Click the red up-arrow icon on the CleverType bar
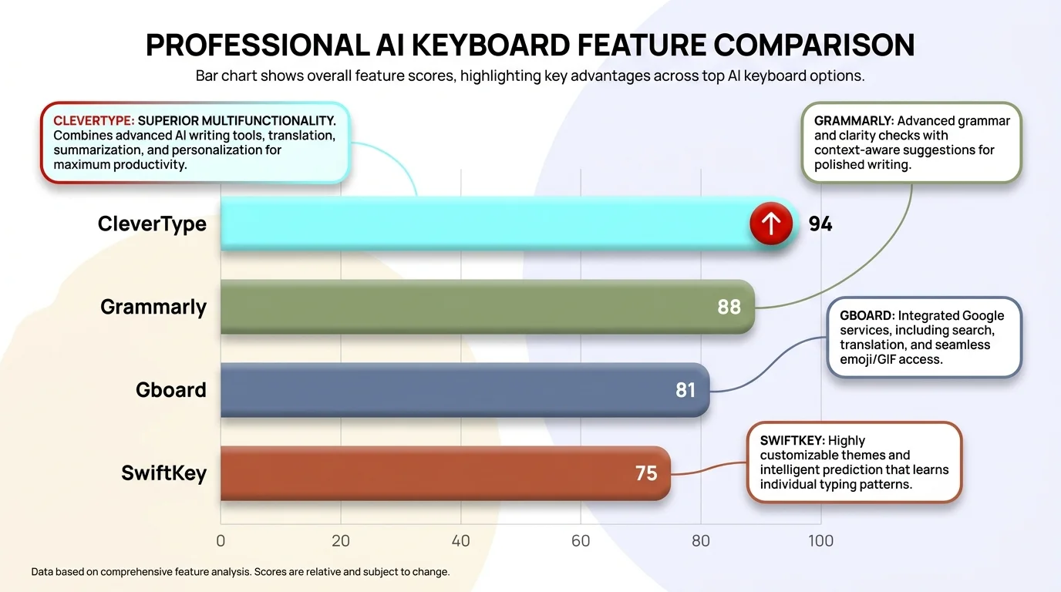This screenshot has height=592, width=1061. [x=771, y=224]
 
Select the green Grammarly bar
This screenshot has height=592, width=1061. [x=463, y=307]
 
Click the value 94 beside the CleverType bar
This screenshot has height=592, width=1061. [x=820, y=224]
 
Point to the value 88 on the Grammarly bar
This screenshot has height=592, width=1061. [x=729, y=307]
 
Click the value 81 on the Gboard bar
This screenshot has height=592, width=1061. [x=685, y=390]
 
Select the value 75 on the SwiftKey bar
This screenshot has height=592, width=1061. [x=646, y=473]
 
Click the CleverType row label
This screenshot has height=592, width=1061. [x=152, y=224]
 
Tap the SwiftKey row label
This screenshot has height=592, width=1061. [x=163, y=473]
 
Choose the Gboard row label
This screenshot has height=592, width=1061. [x=170, y=390]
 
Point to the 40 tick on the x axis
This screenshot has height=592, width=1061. [x=460, y=540]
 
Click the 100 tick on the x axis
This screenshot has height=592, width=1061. [x=820, y=540]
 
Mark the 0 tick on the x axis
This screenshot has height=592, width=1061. [x=221, y=540]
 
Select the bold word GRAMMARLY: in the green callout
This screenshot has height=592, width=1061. [x=854, y=121]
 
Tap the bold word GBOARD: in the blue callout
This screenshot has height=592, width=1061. [x=867, y=315]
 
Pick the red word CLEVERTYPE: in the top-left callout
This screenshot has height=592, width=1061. [x=93, y=121]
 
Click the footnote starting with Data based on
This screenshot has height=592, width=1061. [x=240, y=572]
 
